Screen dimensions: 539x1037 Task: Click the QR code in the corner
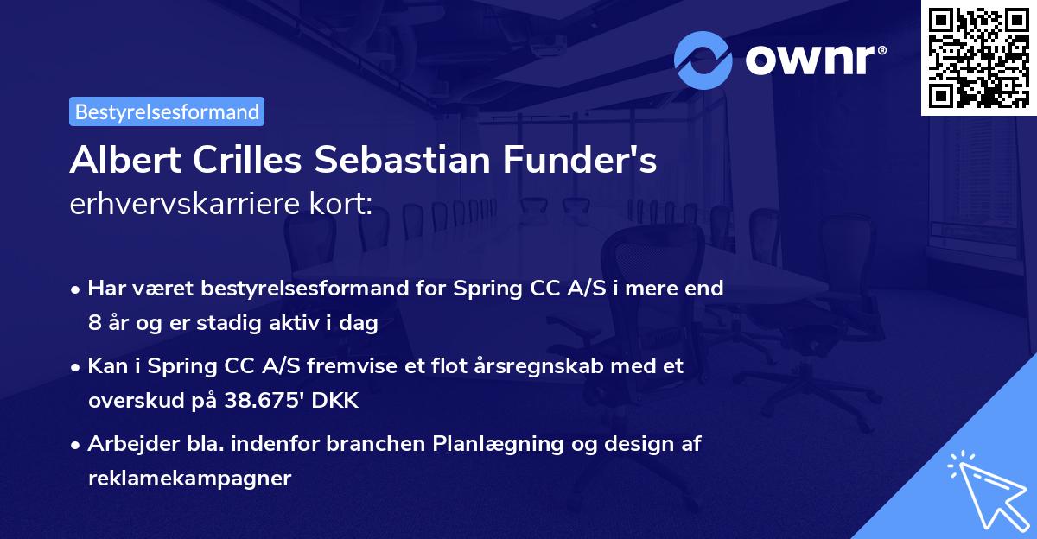(978, 58)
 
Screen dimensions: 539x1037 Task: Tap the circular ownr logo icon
(703, 60)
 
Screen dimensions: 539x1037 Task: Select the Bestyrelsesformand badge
(167, 111)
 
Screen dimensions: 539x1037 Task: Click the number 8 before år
(94, 324)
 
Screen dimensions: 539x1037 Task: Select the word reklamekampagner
(189, 478)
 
